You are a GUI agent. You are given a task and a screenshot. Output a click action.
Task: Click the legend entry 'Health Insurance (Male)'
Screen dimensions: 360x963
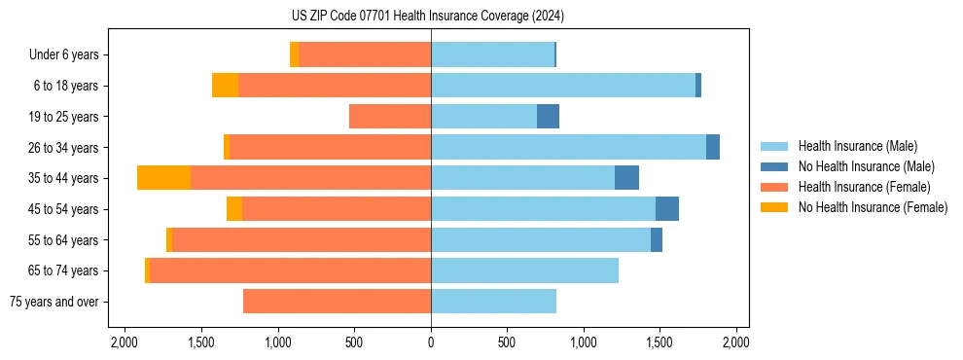pos(856,146)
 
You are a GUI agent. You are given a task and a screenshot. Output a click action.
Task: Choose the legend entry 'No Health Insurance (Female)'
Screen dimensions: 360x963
pos(873,207)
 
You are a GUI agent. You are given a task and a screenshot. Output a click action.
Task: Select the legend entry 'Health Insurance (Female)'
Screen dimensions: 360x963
pos(864,187)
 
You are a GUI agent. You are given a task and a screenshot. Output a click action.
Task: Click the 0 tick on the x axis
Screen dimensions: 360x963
pos(431,342)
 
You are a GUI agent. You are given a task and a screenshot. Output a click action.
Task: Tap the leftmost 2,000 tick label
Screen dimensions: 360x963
pos(125,342)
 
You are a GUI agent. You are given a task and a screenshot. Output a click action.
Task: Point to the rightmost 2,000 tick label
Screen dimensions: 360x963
pos(736,342)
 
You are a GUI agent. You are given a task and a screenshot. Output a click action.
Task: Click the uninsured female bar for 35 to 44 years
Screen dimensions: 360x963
pos(163,178)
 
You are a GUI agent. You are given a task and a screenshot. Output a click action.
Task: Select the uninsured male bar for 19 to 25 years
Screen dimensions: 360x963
pos(548,117)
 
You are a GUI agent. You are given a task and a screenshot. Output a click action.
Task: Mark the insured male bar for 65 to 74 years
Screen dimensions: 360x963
pos(524,270)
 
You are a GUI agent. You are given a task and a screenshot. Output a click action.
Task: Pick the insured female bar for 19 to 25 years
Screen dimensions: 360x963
pos(390,117)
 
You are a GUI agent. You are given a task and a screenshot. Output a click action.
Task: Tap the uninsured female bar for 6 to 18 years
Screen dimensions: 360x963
pos(225,86)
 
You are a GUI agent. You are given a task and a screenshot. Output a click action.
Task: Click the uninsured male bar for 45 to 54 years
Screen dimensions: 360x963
pos(667,209)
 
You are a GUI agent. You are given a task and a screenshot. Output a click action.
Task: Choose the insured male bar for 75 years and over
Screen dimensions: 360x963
pos(493,302)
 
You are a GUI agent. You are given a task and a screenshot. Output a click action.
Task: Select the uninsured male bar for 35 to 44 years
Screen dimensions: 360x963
pos(626,178)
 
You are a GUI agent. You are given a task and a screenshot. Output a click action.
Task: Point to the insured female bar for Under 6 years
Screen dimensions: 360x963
pos(365,54)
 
